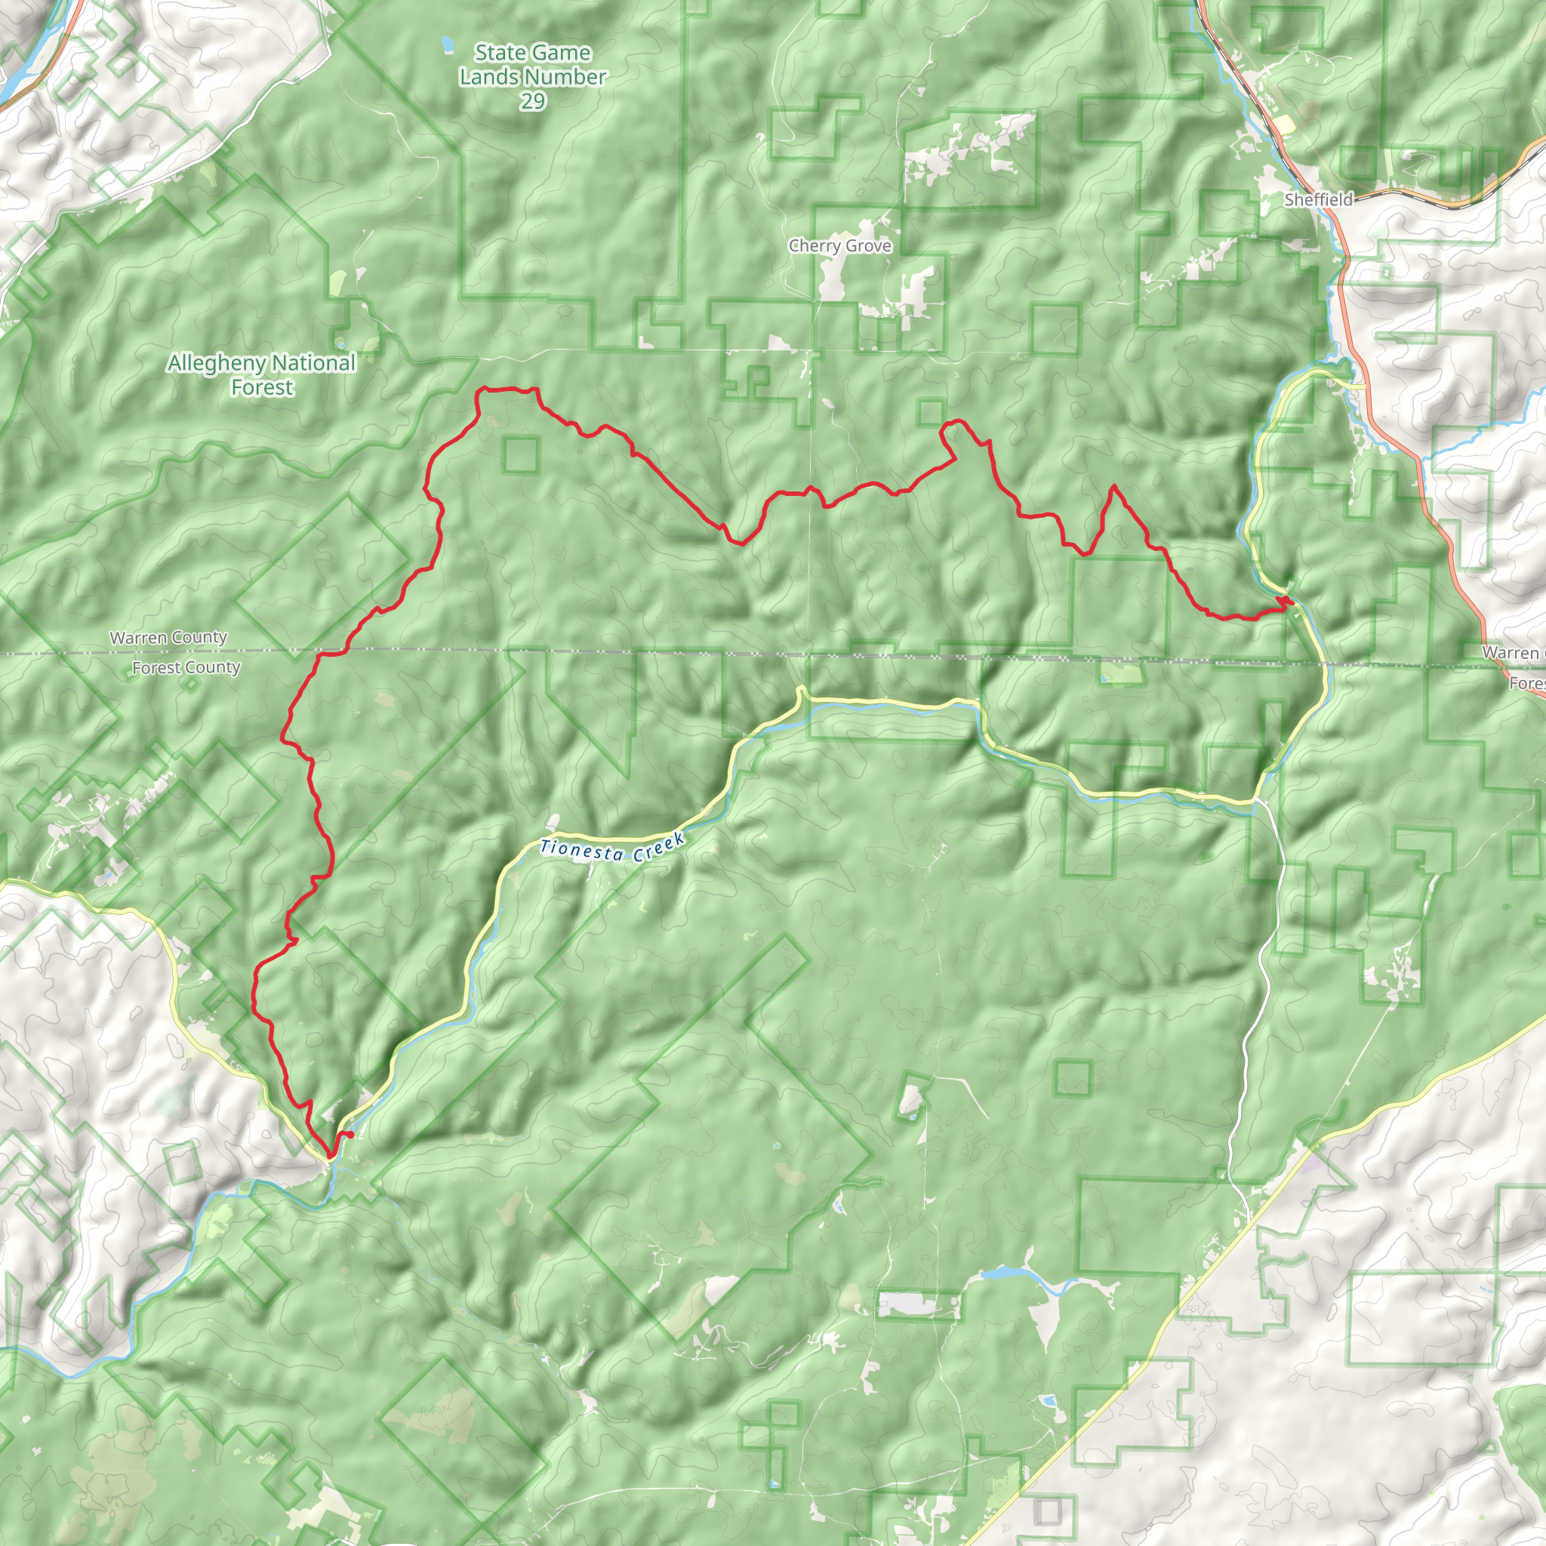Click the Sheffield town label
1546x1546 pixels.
click(x=1318, y=199)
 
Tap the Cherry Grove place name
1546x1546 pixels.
click(x=839, y=245)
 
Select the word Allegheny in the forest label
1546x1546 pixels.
click(x=214, y=363)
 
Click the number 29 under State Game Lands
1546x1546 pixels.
click(x=532, y=102)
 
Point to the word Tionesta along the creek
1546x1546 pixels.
click(x=582, y=850)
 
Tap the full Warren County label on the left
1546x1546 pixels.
click(x=169, y=638)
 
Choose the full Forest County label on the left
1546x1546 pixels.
click(x=186, y=667)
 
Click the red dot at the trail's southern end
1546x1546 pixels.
click(x=350, y=1135)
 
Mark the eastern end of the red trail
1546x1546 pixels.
click(x=1288, y=600)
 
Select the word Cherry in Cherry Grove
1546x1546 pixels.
click(x=814, y=245)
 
